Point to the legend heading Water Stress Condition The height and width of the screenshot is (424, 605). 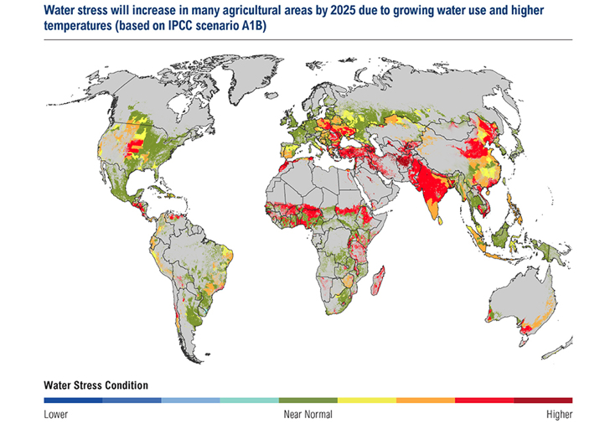[96, 385]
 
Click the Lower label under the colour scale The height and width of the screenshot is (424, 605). [56, 414]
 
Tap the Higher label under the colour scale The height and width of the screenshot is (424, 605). [559, 414]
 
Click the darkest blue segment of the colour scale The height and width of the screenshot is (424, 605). [73, 401]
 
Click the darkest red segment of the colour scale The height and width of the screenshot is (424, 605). [543, 401]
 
